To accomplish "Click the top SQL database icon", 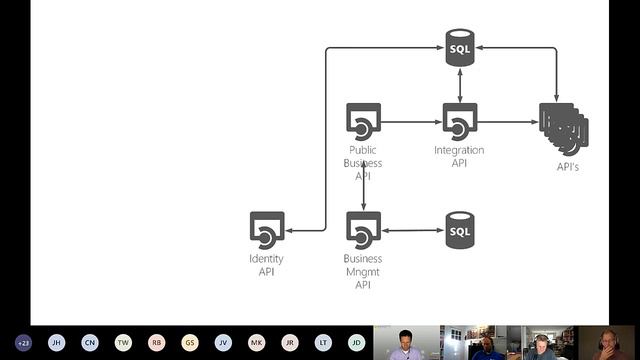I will (x=459, y=48).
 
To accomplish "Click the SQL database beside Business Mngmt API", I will (x=459, y=231).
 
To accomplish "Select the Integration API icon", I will (x=459, y=122).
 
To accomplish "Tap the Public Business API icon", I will (x=363, y=122).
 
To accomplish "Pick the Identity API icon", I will (x=267, y=230).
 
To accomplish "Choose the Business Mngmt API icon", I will (x=363, y=230).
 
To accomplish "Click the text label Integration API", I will (x=459, y=157).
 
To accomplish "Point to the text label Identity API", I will (x=267, y=265).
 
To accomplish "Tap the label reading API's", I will (x=568, y=167).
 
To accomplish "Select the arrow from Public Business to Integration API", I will (x=411, y=122).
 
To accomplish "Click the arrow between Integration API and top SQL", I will (x=459, y=85).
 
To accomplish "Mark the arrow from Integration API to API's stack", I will (x=508, y=122).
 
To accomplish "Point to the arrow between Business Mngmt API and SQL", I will (x=411, y=231).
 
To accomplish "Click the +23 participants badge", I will (x=23, y=342).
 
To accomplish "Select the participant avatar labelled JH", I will (x=57, y=342).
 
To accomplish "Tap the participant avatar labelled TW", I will (x=123, y=342).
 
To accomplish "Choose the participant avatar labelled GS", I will (x=190, y=342).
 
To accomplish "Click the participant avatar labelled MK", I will (x=257, y=342).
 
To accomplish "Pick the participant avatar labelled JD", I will (x=356, y=342).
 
